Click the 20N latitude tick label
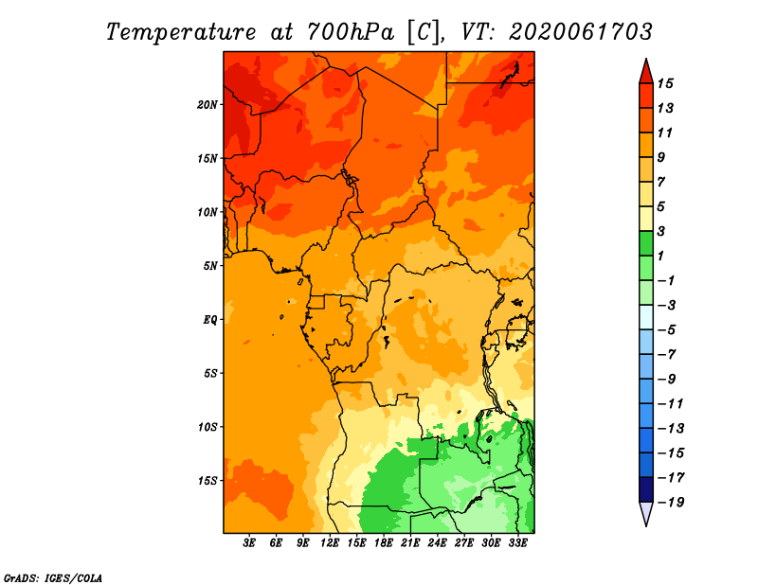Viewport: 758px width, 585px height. [x=207, y=105]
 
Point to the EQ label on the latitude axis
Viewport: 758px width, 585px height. [x=209, y=320]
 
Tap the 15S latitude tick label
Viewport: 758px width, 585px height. [x=207, y=481]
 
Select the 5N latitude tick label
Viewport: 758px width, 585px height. [x=209, y=266]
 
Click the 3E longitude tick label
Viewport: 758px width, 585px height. [x=249, y=543]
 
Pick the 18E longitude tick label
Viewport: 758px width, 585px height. [x=384, y=543]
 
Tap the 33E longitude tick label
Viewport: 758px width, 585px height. [x=517, y=543]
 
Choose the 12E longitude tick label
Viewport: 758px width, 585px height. [x=330, y=543]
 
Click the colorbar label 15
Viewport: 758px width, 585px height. [x=665, y=83]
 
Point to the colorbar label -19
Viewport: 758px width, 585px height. [x=671, y=503]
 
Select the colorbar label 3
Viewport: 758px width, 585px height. [x=661, y=231]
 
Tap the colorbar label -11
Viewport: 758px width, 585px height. [x=671, y=404]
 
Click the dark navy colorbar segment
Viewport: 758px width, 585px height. [x=646, y=489]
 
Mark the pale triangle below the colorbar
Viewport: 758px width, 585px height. [x=646, y=513]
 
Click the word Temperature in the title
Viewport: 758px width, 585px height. [x=181, y=32]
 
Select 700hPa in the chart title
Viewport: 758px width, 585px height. [x=351, y=32]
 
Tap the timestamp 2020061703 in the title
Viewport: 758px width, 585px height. [x=581, y=32]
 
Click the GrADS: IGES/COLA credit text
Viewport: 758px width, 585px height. [x=53, y=577]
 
